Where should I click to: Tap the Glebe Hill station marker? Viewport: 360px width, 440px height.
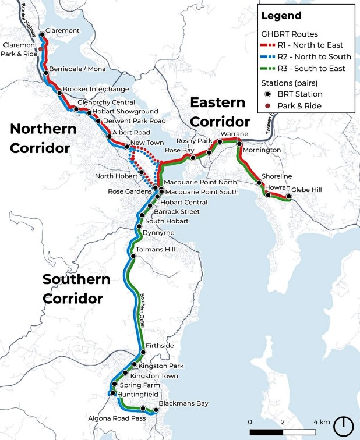[288, 197]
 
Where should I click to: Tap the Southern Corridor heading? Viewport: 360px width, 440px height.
[76, 289]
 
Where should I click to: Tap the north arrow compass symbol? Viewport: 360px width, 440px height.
[344, 425]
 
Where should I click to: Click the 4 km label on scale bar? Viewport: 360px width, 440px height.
[322, 421]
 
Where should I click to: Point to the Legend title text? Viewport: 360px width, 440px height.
[281, 16]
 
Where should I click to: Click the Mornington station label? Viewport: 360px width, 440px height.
[262, 150]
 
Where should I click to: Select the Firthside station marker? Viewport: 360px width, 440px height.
[141, 352]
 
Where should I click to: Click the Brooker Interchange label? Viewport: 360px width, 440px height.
[96, 89]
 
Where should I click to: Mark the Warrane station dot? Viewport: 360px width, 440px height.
[220, 141]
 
